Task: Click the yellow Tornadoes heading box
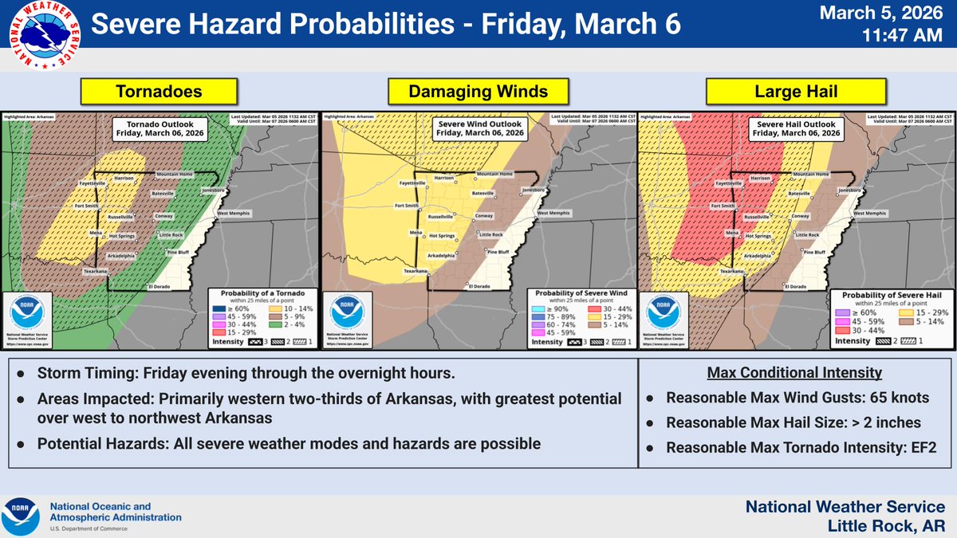[x=159, y=92]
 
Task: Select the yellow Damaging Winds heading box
[x=478, y=92]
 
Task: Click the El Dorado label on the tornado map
[x=160, y=286]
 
